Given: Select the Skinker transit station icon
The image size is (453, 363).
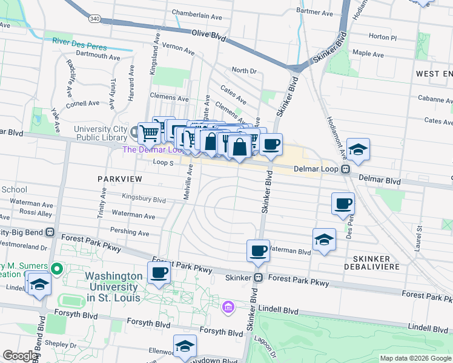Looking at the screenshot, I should pos(259,278).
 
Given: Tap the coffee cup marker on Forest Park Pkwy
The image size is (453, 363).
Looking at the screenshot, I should pos(159,273).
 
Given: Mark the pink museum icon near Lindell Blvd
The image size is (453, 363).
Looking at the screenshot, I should pos(228,308).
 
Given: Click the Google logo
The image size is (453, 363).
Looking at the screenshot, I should pos(20,356).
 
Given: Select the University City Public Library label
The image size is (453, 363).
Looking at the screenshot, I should pos(100,132).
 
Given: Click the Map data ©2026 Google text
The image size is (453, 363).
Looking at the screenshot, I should pos(414,358).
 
